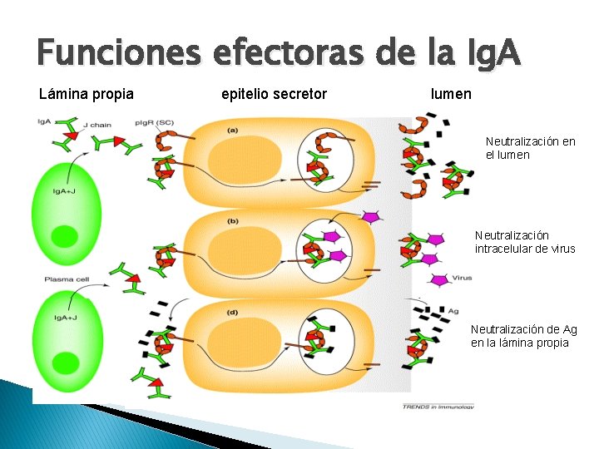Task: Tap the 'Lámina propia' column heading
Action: (x=87, y=94)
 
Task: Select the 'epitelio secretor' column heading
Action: (x=275, y=94)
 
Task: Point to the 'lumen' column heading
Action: (x=451, y=94)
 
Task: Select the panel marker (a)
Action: (x=233, y=130)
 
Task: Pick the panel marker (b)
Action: (x=233, y=221)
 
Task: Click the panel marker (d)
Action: (x=233, y=312)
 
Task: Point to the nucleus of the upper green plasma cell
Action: (x=63, y=236)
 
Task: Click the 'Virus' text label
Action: (x=462, y=278)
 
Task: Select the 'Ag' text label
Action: (x=453, y=311)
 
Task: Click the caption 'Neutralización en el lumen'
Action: (x=530, y=148)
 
